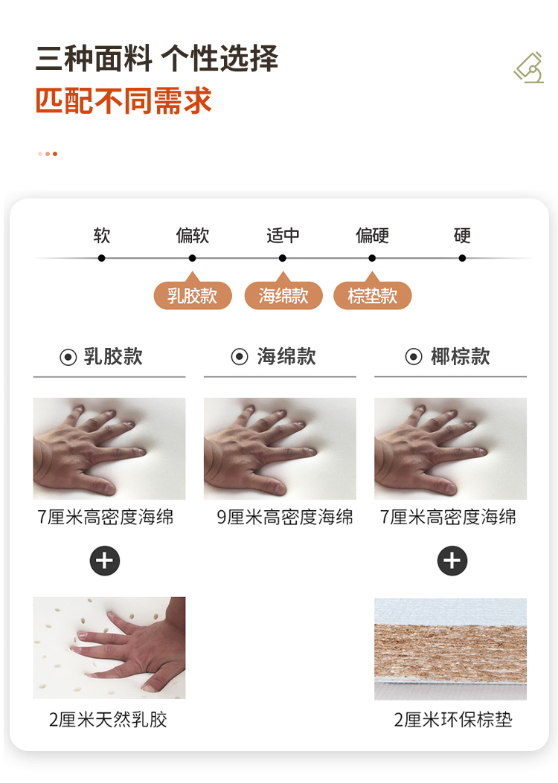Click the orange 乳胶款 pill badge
193,296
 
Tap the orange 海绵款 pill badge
283,296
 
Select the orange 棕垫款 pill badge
373,296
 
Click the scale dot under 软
101,258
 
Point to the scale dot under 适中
282,258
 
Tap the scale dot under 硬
462,258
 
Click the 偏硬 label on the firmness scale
372,235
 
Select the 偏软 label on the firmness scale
193,235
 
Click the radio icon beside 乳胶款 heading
68,357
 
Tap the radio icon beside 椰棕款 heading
414,356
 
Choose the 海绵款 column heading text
286,356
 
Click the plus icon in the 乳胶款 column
105,561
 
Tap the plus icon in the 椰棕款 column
452,561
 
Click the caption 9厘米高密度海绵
285,518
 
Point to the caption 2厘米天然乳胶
108,720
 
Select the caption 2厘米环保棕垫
453,720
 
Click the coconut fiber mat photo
451,649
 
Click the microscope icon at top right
530,68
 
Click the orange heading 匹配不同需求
124,101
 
